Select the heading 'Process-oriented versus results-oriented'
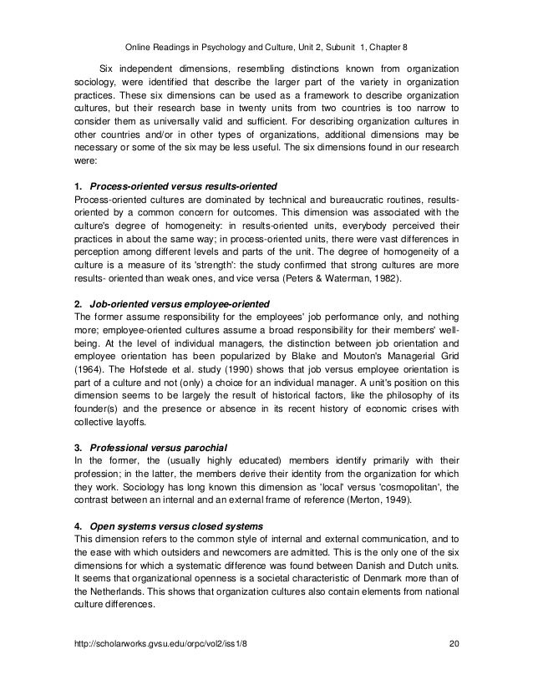184,185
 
